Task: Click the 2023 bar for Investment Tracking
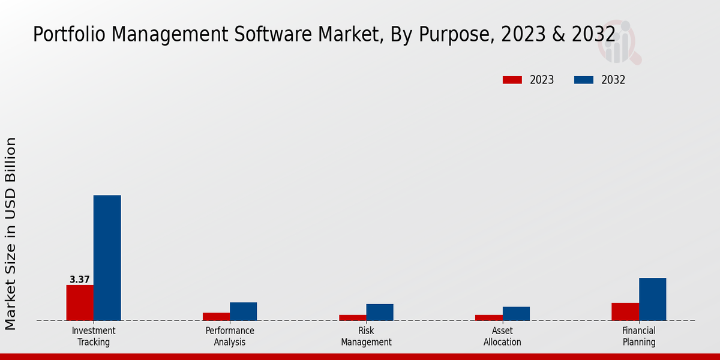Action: (80, 302)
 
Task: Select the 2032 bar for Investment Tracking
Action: (107, 258)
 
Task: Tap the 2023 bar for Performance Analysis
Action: (216, 316)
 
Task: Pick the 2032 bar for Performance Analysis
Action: (243, 311)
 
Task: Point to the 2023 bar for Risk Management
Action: (353, 317)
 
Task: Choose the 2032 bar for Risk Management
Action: (380, 312)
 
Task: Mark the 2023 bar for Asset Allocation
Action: (489, 317)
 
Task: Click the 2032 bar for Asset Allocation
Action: (516, 313)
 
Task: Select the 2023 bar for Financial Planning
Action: (625, 311)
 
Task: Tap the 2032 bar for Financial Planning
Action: (652, 299)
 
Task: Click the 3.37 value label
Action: (80, 280)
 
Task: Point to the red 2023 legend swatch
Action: (512, 80)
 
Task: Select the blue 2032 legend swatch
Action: (584, 80)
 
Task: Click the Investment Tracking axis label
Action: (94, 337)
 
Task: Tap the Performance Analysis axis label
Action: (230, 337)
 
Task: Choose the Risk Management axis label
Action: (366, 337)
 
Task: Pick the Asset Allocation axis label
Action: (502, 337)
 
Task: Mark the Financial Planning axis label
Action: (639, 337)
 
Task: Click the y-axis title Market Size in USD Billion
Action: (11, 234)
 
